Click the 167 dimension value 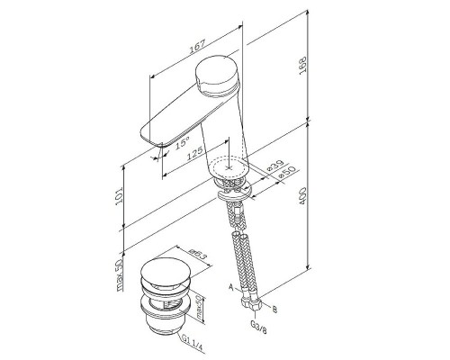coord(197,46)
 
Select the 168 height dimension coord(303,66)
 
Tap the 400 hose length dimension coord(303,196)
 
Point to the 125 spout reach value coord(195,153)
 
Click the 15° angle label coord(182,142)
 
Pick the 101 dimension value coord(119,196)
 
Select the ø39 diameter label coord(275,166)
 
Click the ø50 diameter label coord(287,173)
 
